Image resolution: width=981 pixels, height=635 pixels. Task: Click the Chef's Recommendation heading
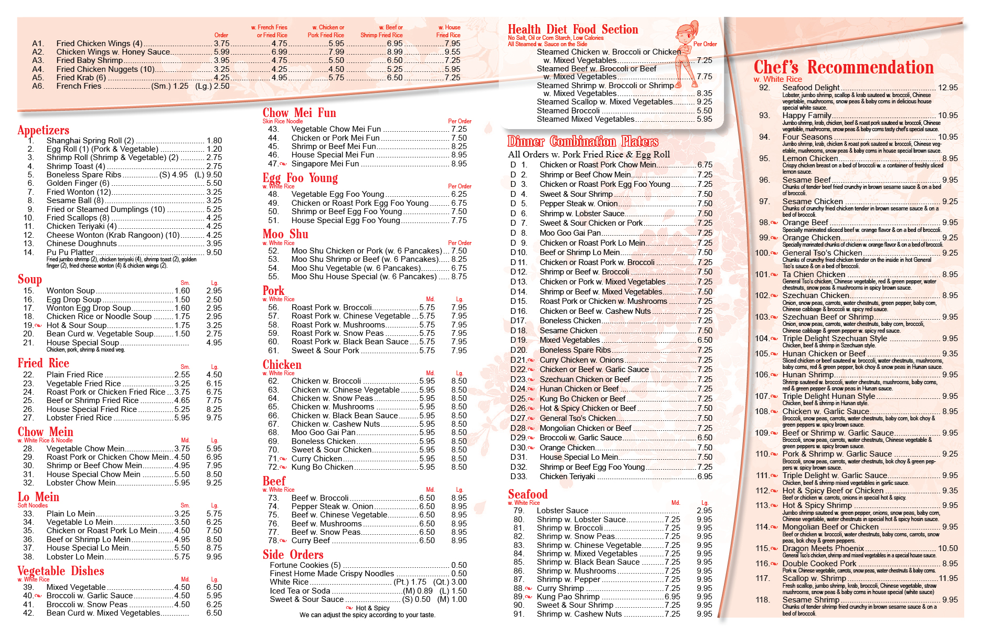[x=844, y=68]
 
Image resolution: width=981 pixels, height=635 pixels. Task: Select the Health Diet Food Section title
[x=573, y=29]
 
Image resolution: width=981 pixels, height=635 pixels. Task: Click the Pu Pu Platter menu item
[x=70, y=252]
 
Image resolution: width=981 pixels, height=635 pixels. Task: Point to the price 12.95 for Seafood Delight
[x=948, y=88]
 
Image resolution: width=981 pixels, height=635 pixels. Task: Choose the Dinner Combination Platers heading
[x=582, y=142]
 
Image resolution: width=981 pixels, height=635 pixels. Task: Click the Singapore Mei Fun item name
[x=325, y=164]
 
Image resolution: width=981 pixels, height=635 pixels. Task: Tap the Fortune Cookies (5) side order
[x=305, y=565]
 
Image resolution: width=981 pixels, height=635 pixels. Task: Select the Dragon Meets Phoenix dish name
[x=823, y=548]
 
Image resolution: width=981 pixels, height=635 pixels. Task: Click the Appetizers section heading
[x=43, y=130]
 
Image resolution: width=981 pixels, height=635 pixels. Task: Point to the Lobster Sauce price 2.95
[x=705, y=511]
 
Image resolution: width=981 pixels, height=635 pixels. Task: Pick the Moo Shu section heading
[x=285, y=234]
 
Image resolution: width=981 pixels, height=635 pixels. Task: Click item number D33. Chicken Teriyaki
[x=567, y=477]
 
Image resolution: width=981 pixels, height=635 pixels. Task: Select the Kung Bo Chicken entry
[x=322, y=467]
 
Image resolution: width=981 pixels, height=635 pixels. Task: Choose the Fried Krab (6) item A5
[x=81, y=78]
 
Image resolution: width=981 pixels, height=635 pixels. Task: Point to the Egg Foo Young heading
[x=300, y=178]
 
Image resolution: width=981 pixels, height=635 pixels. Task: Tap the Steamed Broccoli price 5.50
[x=704, y=111]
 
